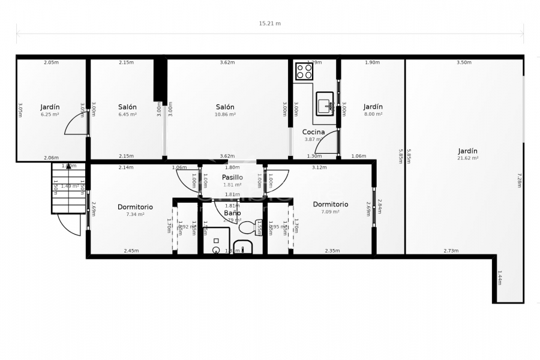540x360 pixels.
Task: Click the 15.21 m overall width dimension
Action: click(x=269, y=23)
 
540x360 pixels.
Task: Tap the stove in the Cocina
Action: click(x=304, y=71)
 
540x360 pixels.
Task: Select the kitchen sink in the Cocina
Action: click(x=325, y=103)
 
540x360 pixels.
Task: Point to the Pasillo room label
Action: click(x=232, y=178)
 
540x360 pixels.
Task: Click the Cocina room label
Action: click(x=313, y=132)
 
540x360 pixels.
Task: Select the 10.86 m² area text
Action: click(x=225, y=114)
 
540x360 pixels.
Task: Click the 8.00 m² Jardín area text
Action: click(x=373, y=114)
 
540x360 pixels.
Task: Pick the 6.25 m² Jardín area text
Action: click(x=50, y=114)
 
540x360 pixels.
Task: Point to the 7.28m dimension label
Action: click(x=519, y=180)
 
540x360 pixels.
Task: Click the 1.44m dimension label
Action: click(x=500, y=280)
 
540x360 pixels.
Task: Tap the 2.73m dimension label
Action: click(x=451, y=251)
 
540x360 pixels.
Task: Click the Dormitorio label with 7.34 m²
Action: click(x=135, y=207)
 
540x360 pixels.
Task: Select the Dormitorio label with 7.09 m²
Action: click(x=331, y=205)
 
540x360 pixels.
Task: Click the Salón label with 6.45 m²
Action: click(x=127, y=107)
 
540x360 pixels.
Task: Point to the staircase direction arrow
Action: click(x=68, y=167)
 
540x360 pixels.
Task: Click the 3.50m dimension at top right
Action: click(x=464, y=62)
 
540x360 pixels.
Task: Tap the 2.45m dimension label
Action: click(x=131, y=251)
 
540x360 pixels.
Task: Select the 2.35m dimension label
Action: click(x=332, y=251)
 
